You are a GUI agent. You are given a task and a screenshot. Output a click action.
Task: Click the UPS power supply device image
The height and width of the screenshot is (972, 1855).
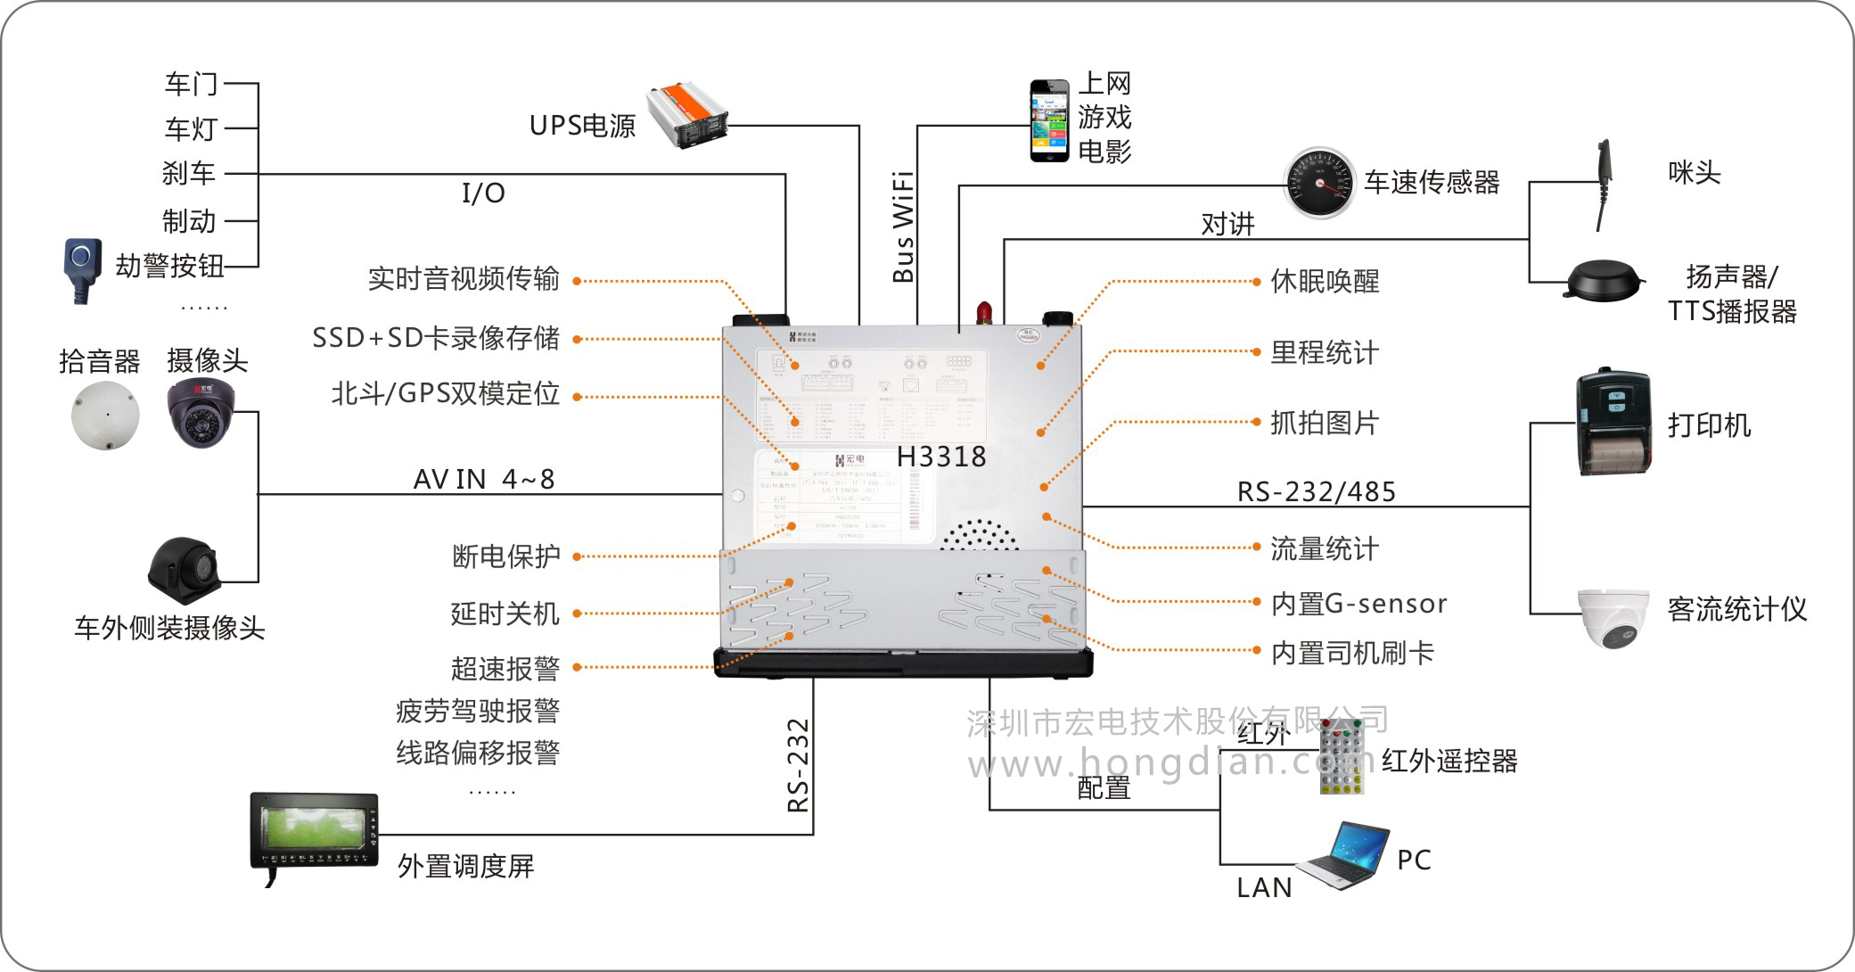point(686,115)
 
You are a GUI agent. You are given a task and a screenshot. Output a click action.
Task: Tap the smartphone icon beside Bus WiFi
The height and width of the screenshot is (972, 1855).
point(1049,121)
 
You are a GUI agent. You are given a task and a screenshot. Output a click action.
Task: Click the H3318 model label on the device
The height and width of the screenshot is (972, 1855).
point(941,457)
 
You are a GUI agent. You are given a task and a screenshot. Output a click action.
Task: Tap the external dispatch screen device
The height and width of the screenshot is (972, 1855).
point(314,833)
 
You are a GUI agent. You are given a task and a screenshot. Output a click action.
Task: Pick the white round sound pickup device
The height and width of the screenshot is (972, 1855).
point(106,416)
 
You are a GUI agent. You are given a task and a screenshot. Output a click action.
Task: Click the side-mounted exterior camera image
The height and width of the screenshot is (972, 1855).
point(184,570)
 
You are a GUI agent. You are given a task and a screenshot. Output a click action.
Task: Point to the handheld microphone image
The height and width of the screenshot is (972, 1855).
point(1603,185)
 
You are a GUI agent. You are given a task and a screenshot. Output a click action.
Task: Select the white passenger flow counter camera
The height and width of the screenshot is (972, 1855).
point(1614,616)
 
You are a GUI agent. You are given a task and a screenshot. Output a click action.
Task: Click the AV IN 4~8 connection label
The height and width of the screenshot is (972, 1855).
point(484,480)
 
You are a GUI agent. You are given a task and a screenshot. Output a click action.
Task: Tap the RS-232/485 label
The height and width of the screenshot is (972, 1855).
point(1316,492)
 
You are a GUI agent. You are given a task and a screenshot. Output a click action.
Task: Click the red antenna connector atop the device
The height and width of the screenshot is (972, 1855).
point(984,312)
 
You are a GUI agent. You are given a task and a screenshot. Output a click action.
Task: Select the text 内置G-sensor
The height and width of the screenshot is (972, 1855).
point(1358,605)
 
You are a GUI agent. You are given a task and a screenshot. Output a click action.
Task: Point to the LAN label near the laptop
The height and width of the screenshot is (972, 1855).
point(1264,888)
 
